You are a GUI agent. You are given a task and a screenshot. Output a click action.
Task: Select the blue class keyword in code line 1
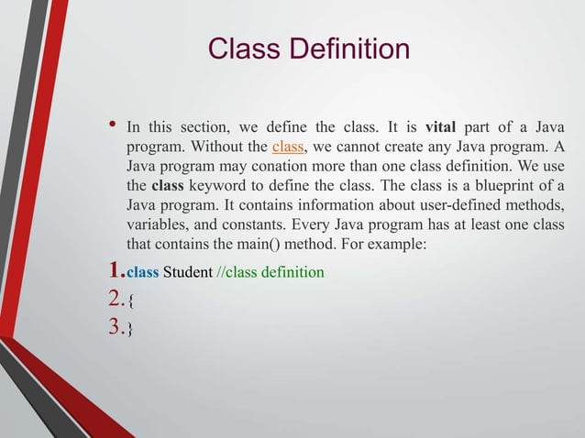pyautogui.click(x=141, y=272)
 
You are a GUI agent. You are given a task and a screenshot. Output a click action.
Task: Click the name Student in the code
pyautogui.click(x=187, y=272)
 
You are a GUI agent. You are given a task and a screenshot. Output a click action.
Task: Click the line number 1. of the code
pyautogui.click(x=115, y=270)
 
